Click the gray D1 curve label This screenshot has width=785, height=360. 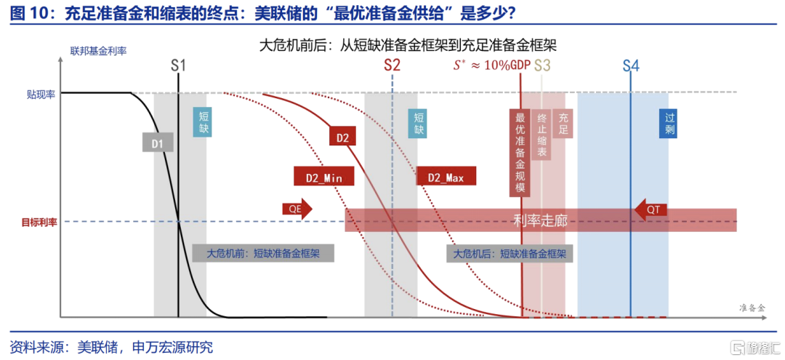click(x=158, y=143)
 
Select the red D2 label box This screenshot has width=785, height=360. click(x=342, y=137)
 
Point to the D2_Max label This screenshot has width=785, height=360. click(x=446, y=177)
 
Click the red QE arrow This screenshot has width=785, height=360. click(x=297, y=209)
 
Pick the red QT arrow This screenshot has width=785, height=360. click(x=651, y=210)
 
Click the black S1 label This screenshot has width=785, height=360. click(x=178, y=65)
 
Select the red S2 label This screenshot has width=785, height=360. click(x=392, y=65)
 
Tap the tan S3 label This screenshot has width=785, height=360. click(x=543, y=65)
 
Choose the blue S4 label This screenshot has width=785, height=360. click(x=631, y=65)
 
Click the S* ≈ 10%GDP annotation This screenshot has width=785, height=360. click(x=491, y=65)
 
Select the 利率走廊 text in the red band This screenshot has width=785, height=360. click(x=542, y=220)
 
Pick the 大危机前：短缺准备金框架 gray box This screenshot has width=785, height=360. click(x=263, y=253)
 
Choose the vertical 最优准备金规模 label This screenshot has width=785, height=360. click(x=520, y=153)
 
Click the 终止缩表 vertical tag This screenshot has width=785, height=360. click(x=542, y=135)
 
